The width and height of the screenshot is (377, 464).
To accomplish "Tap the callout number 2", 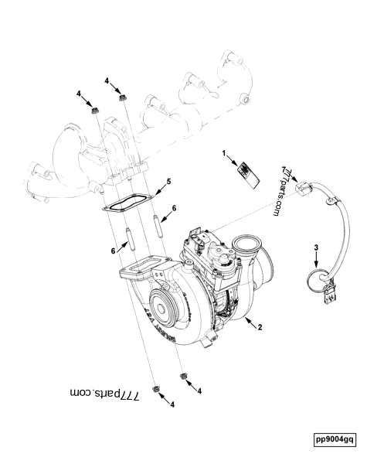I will [x=260, y=327].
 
